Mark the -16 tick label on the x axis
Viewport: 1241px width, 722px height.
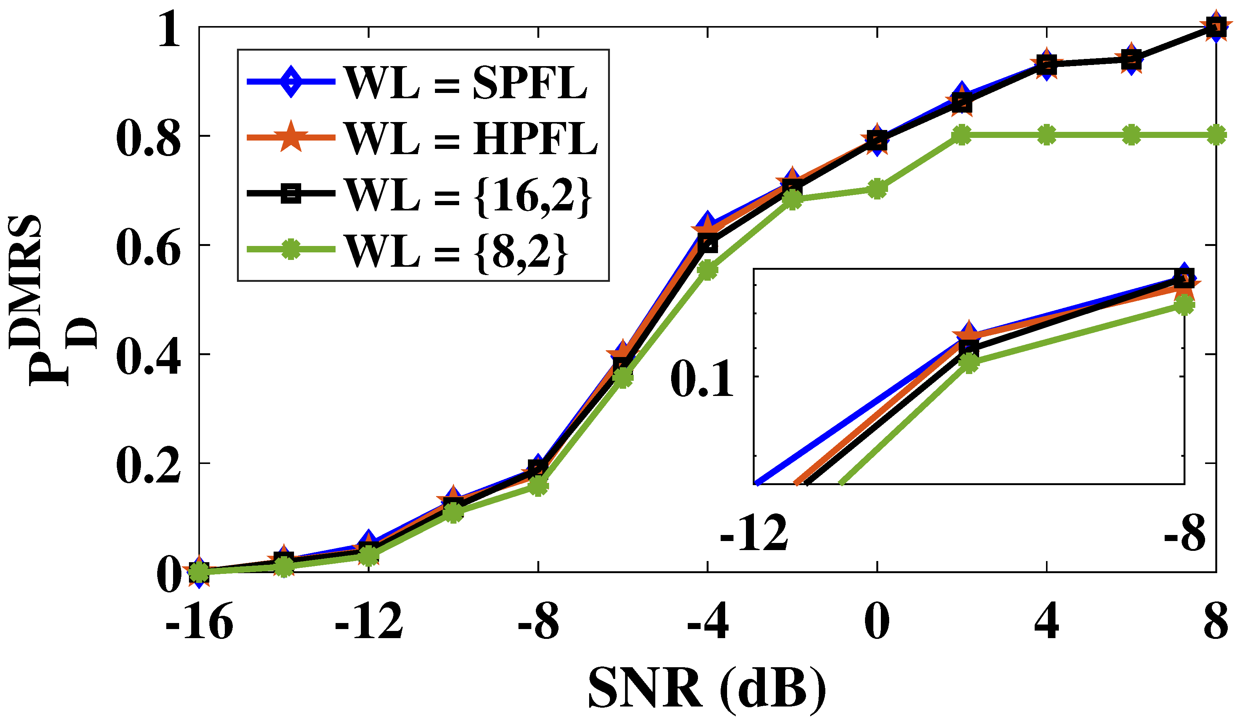coord(199,623)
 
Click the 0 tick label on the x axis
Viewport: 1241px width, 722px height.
coord(877,623)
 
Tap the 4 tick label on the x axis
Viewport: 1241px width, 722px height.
coord(1046,623)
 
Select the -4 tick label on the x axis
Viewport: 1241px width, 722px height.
coord(708,623)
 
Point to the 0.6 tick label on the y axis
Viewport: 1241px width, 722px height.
coord(148,245)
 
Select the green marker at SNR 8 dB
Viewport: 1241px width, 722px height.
coord(1216,135)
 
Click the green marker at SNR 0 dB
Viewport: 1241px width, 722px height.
coord(877,189)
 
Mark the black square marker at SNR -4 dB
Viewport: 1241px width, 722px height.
coord(708,243)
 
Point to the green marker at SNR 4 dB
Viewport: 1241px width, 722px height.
coord(1046,135)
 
